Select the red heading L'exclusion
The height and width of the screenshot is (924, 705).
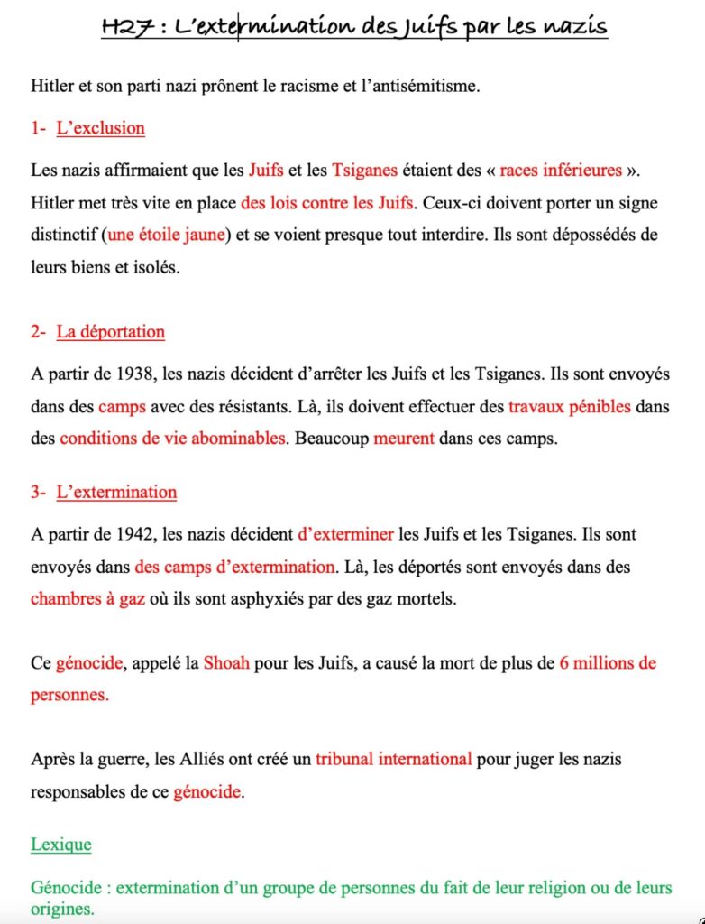(100, 128)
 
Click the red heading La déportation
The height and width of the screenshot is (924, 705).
(111, 332)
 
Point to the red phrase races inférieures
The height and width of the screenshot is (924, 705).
(561, 170)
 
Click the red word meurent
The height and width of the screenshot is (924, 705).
(404, 439)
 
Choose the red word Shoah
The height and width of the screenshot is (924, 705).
(228, 663)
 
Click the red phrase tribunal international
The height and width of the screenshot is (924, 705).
(394, 759)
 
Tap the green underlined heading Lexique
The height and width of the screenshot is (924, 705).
(60, 845)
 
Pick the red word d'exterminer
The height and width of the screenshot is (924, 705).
(345, 534)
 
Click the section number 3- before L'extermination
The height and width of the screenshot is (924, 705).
(38, 493)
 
